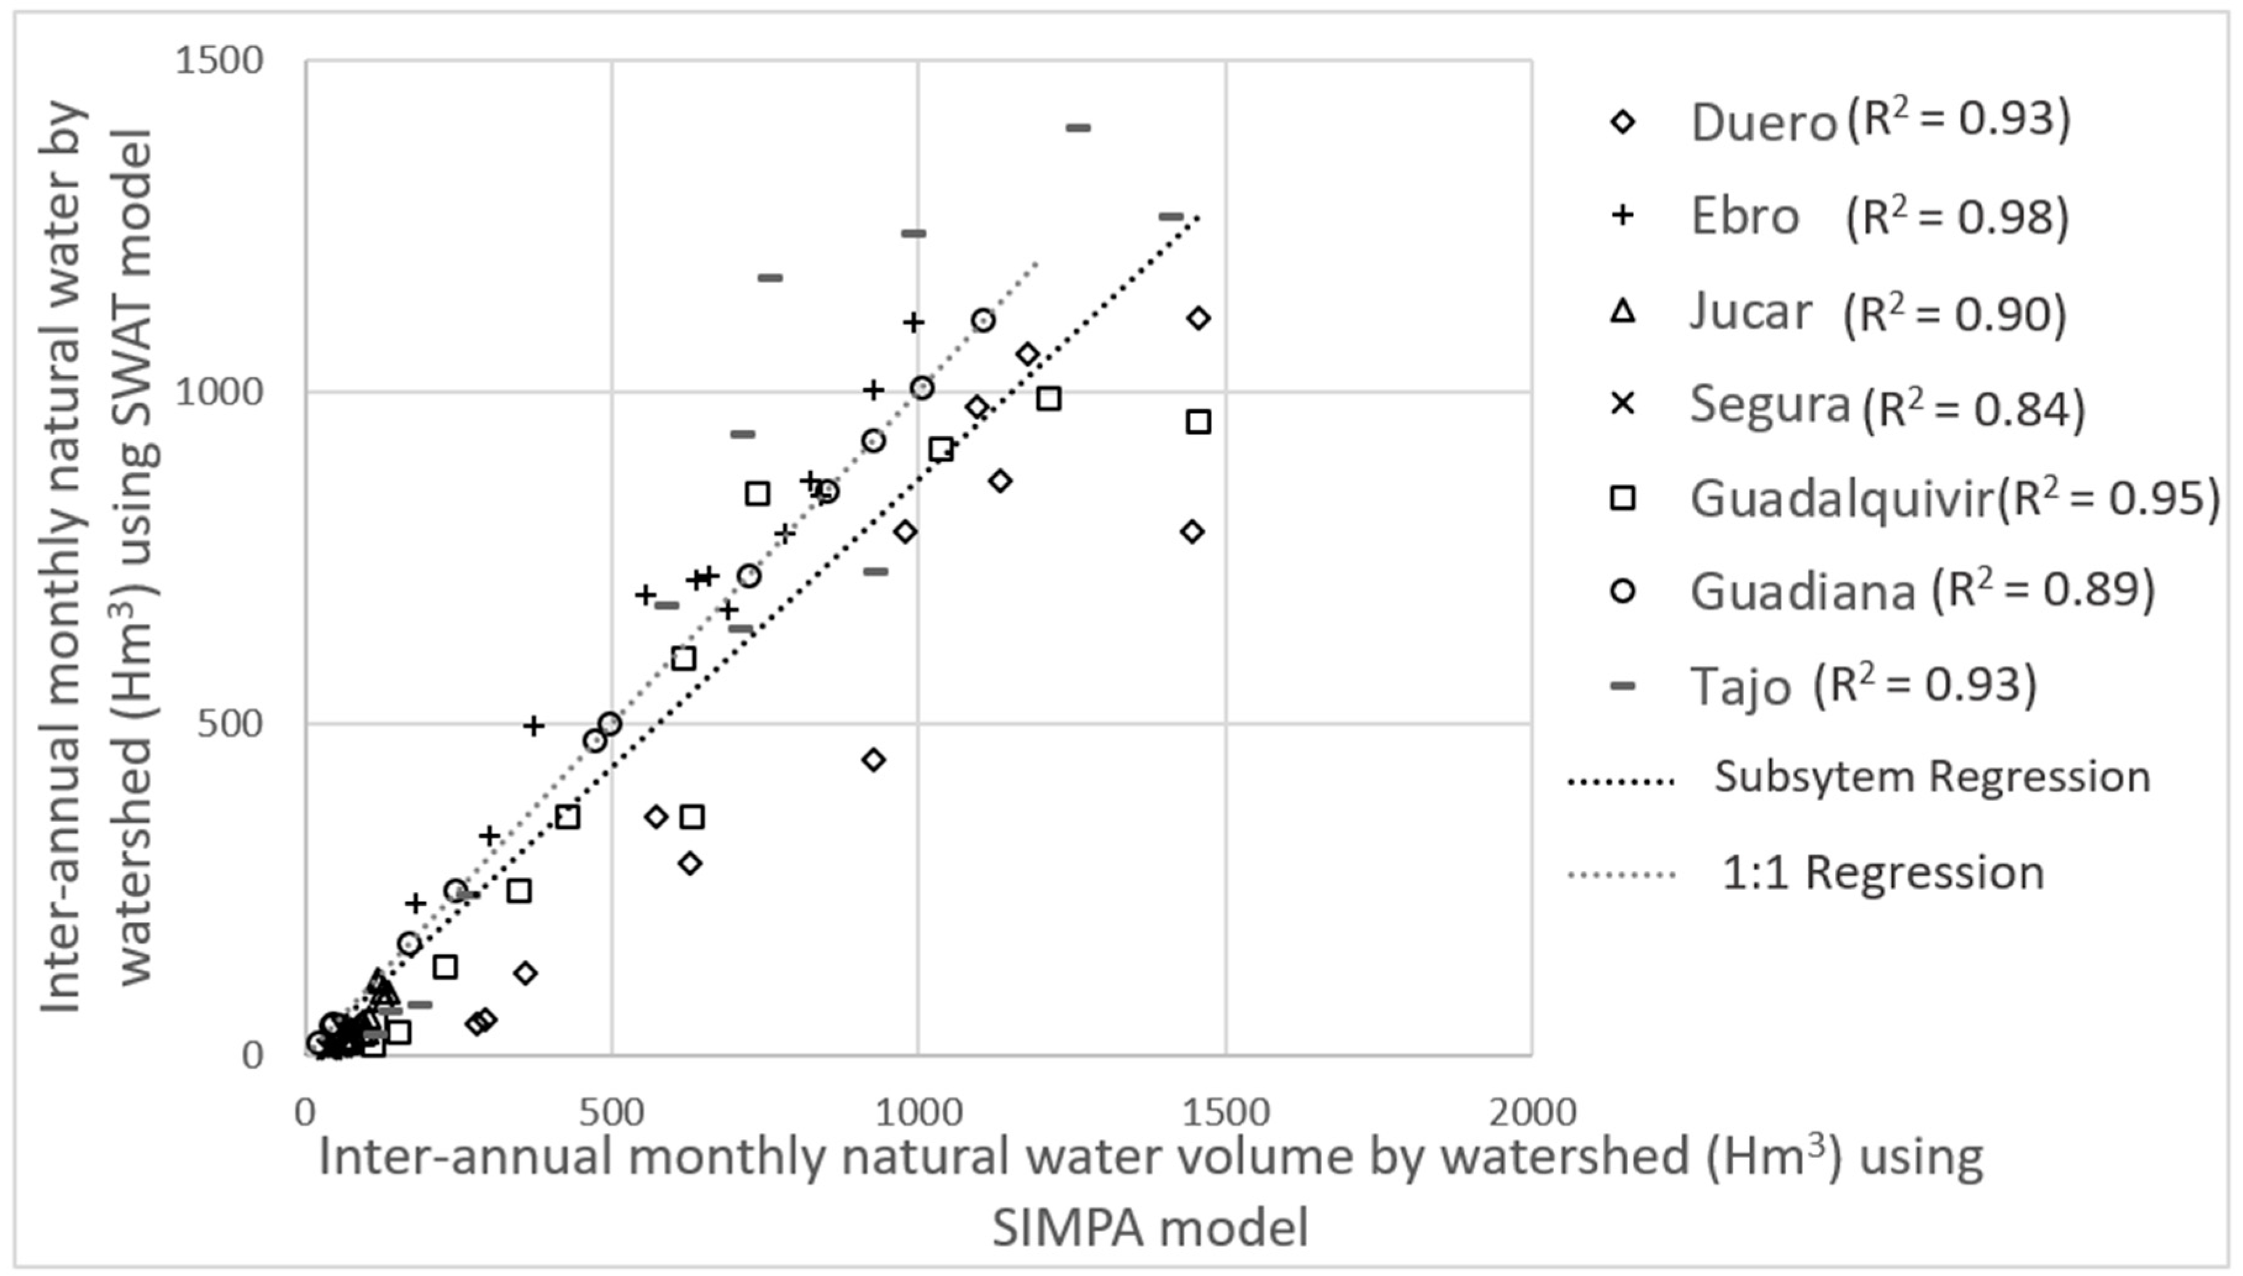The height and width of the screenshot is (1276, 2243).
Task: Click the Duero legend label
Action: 1763,123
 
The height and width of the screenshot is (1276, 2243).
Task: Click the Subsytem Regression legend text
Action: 1932,776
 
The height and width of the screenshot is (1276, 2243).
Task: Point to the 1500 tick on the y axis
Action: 219,60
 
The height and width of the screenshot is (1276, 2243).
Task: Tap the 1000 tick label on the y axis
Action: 219,392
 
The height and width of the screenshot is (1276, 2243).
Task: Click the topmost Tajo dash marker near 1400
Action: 1078,128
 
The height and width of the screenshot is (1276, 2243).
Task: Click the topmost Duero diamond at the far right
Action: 1199,319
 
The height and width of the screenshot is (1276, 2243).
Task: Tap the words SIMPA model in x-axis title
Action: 1149,1227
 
